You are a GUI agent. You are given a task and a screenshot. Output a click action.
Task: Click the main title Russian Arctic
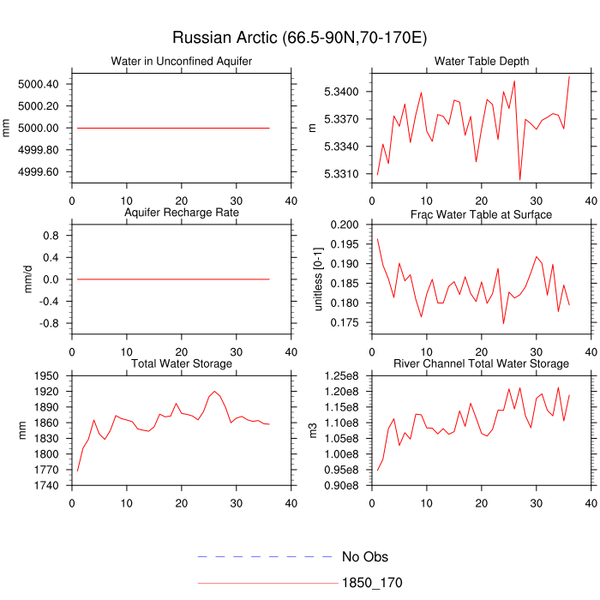point(299,38)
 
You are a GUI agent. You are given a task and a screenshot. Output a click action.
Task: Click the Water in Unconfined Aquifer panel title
point(182,62)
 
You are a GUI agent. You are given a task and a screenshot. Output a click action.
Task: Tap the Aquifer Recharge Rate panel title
point(182,212)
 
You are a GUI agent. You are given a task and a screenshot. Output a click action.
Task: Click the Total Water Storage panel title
point(182,363)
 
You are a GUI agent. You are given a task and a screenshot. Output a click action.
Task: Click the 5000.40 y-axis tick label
point(38,84)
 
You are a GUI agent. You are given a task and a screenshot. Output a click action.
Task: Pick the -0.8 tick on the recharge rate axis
point(51,323)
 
